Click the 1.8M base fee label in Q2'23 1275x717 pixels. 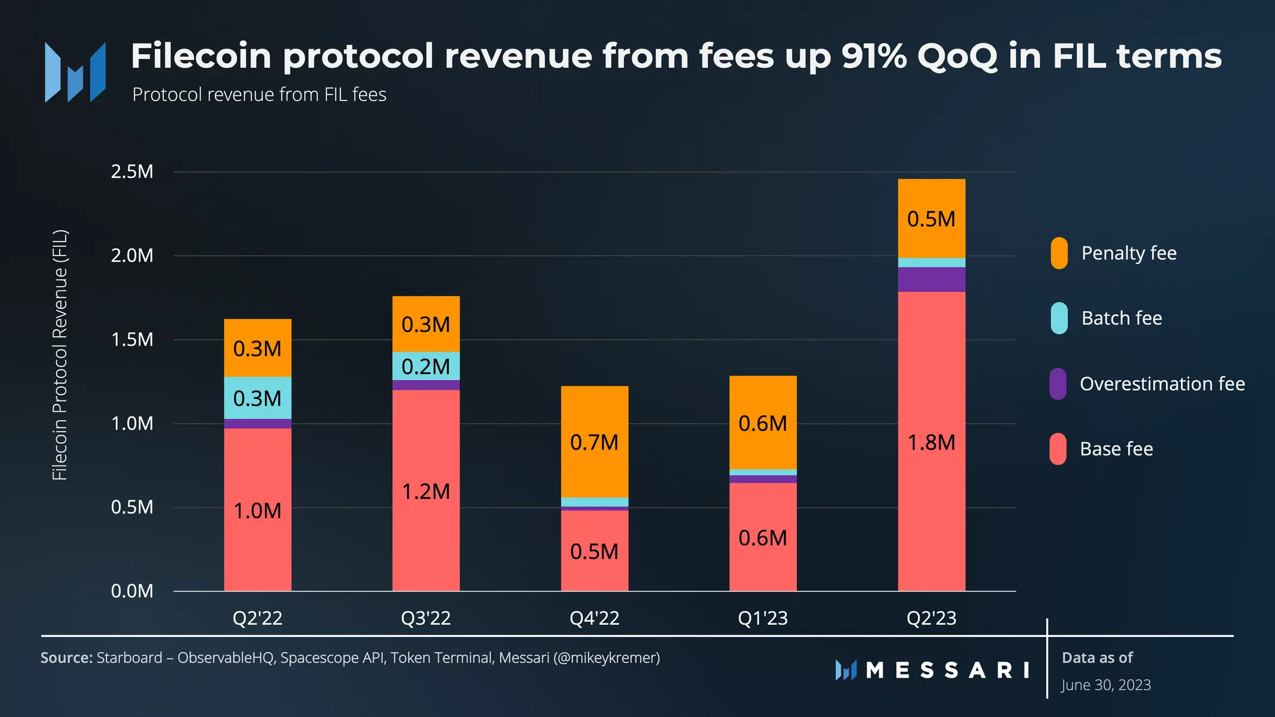(931, 443)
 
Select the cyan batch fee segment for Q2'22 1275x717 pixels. (257, 397)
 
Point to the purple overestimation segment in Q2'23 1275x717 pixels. (931, 279)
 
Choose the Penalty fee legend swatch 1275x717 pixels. (1059, 253)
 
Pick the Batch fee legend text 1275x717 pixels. (1121, 318)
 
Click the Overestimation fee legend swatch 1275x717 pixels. (1058, 384)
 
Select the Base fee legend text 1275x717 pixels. (1116, 449)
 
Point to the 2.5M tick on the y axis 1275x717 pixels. (132, 172)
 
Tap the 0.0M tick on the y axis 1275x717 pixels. (132, 591)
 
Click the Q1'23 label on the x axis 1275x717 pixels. (762, 618)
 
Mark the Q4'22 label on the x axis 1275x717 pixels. (594, 618)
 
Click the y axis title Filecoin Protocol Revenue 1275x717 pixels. (60, 355)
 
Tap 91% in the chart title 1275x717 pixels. (874, 56)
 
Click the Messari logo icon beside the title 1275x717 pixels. (76, 72)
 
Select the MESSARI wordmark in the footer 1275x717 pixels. (946, 671)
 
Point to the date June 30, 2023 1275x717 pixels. (1106, 685)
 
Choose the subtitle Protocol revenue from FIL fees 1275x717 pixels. (259, 95)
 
